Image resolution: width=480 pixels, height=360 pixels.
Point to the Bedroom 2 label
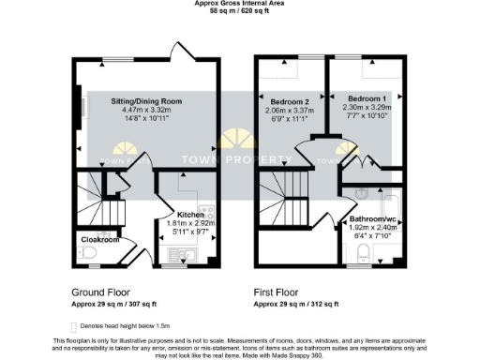[x=290, y=100]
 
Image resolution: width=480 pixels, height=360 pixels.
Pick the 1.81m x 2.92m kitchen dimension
[x=191, y=223]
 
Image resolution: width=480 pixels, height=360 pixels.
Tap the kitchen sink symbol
[x=180, y=253]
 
